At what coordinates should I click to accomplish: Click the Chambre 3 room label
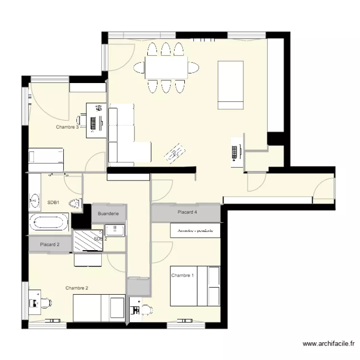67,127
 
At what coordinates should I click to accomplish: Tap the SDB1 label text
53,203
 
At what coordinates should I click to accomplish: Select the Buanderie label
108,213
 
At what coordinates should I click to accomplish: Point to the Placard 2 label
50,245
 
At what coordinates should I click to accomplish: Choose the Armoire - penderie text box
195,231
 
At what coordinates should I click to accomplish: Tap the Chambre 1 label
183,276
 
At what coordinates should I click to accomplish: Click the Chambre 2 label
77,288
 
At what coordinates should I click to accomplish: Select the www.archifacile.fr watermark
329,344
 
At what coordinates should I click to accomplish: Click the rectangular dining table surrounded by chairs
166,68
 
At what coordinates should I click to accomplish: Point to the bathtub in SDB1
49,222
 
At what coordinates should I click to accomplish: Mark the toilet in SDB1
75,204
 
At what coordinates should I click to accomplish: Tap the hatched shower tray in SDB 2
88,240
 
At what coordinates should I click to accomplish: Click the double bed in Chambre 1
196,286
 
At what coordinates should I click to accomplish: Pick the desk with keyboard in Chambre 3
96,120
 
